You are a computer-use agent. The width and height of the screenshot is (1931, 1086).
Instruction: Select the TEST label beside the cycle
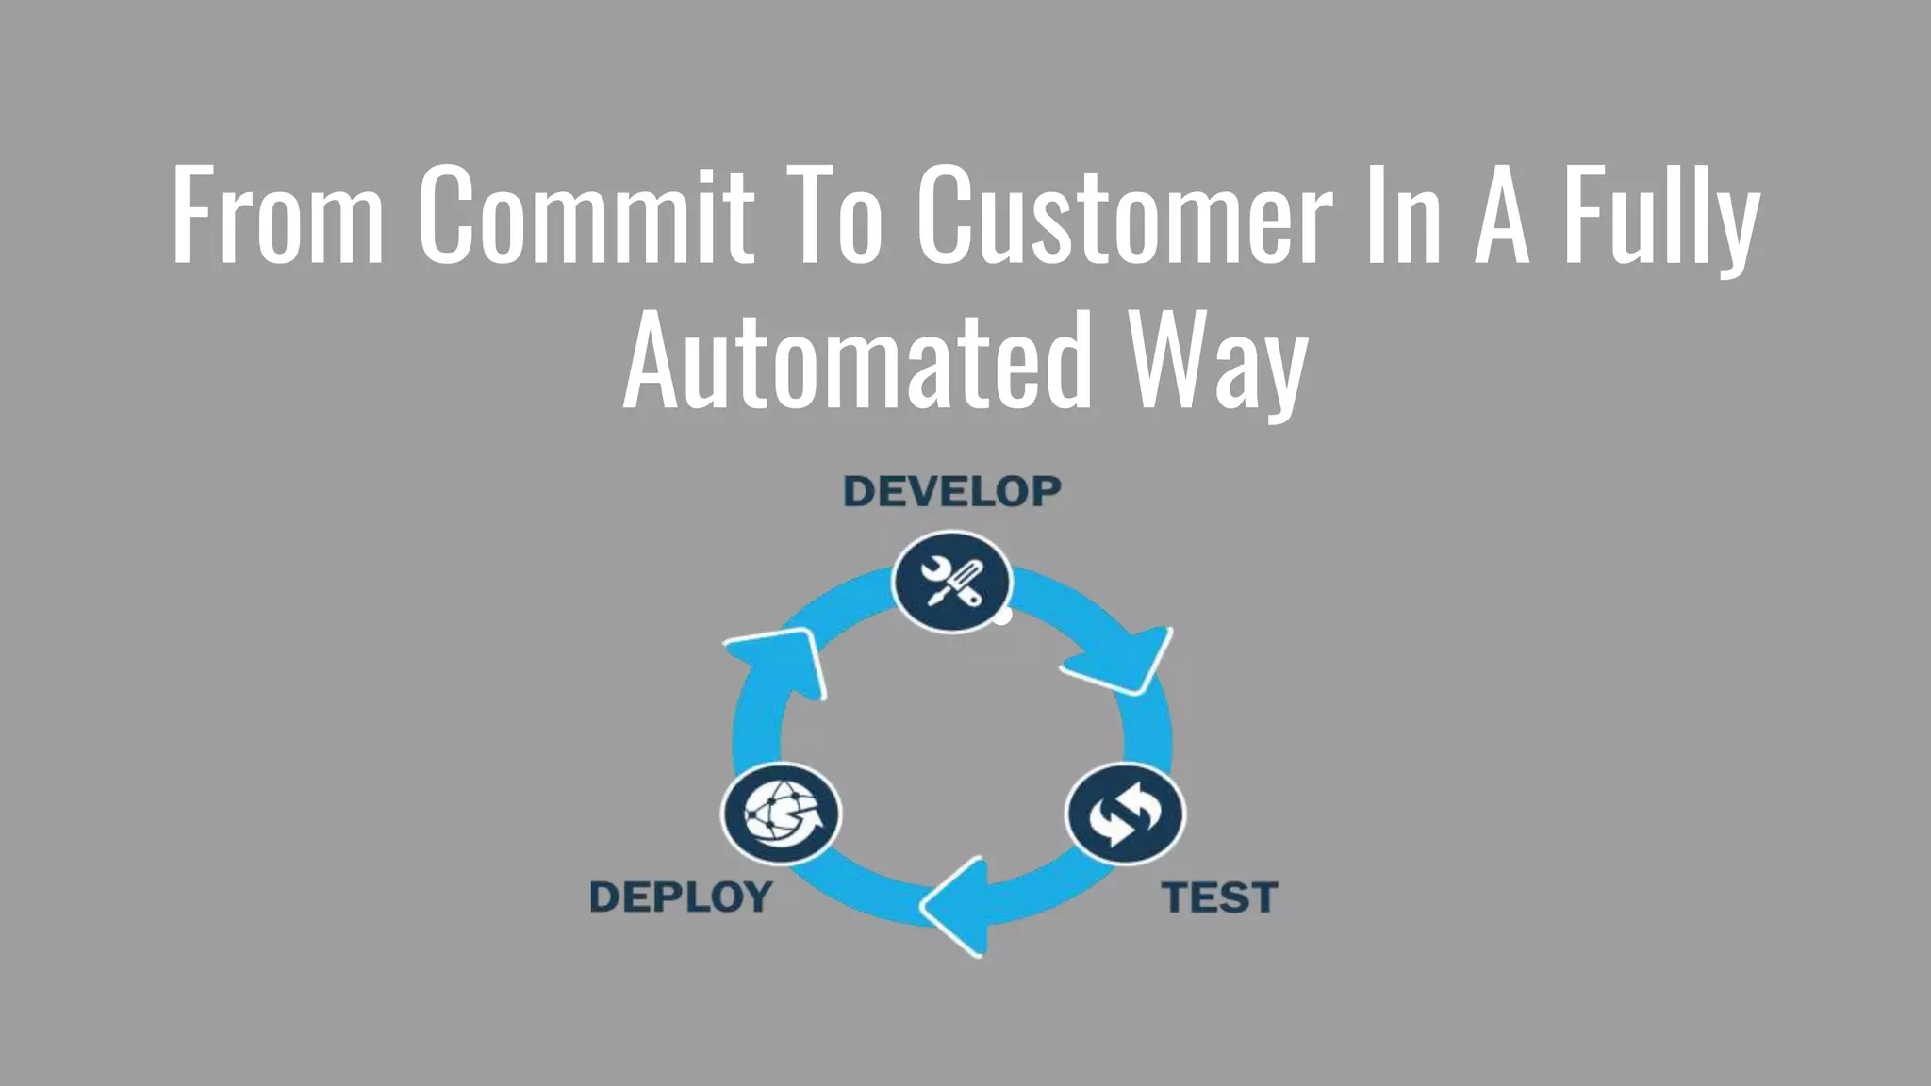click(x=1219, y=897)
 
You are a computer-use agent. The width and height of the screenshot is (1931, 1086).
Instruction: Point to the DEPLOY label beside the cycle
click(x=681, y=897)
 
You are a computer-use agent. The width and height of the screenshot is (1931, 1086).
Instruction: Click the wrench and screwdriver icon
click(x=951, y=582)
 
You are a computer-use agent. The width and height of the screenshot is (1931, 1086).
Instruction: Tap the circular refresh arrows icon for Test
click(x=1125, y=814)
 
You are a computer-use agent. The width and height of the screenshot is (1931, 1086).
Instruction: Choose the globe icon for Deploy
click(x=782, y=814)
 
